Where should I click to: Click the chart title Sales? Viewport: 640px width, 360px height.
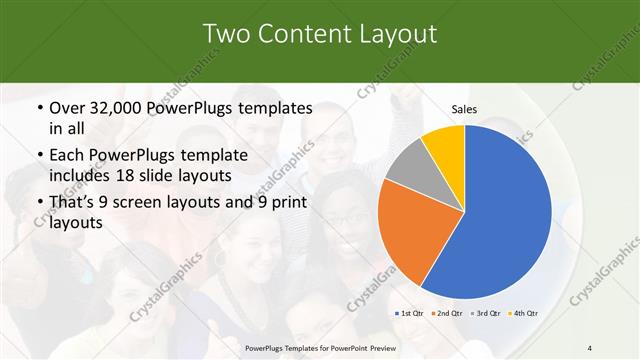464,108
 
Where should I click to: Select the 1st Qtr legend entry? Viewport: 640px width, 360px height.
411,314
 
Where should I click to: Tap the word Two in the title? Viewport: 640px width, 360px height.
227,33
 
